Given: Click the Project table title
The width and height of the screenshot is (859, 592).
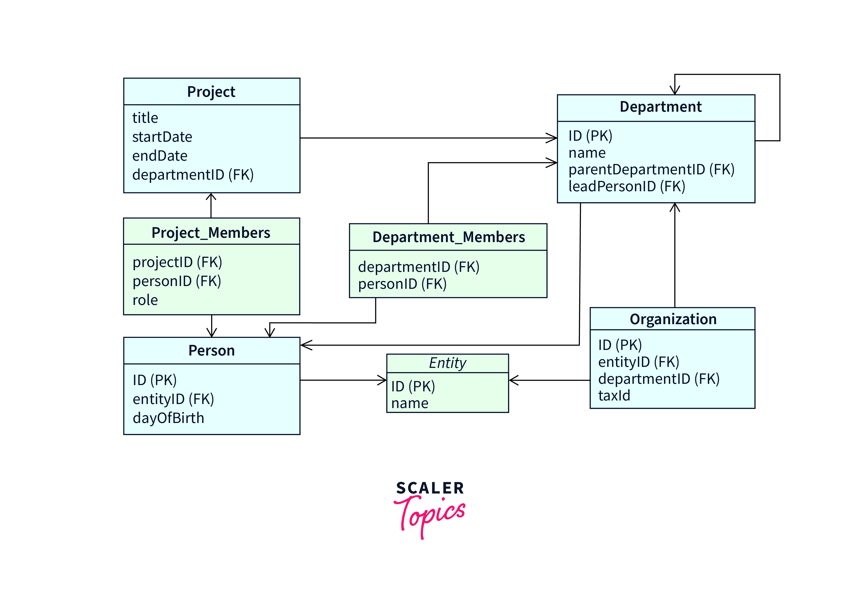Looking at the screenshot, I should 211,92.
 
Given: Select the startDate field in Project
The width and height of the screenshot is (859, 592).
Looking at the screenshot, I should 162,137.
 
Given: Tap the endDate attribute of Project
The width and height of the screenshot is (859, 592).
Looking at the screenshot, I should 160,156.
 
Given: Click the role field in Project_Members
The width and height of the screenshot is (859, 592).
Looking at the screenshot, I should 145,300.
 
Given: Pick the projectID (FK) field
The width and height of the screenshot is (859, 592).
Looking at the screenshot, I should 177,262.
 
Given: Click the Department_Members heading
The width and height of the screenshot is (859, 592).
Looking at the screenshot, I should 448,237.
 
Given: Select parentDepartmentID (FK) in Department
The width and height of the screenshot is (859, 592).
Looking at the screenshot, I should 651,170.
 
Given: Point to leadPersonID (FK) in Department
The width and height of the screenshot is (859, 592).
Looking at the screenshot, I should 627,186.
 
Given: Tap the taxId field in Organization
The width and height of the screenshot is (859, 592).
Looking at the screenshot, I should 614,395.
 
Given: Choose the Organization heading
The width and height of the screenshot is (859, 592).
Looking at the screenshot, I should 673,319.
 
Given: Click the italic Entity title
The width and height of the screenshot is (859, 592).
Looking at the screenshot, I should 448,363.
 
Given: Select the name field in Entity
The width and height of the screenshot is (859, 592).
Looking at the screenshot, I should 410,403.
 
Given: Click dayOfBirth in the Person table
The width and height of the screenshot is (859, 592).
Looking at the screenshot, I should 168,418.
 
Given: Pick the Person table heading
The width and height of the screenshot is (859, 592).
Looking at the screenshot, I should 211,350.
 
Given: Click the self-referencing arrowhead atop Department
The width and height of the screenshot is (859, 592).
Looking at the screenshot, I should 674,91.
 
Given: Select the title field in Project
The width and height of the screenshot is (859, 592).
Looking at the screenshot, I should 145,118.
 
